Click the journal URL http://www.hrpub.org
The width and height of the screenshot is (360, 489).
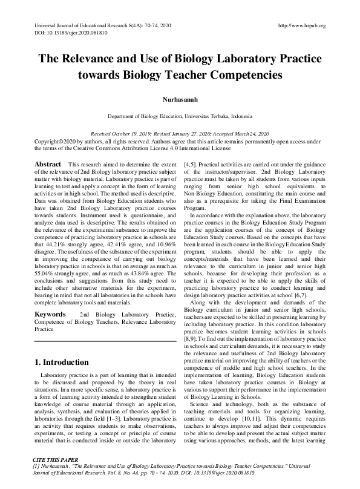pos(301,25)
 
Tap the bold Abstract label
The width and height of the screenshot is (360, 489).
pos(48,165)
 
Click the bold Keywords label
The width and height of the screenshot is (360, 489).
pos(50,315)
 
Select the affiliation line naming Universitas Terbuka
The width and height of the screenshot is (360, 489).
pos(180,116)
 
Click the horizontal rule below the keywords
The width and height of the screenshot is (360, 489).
pos(102,342)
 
